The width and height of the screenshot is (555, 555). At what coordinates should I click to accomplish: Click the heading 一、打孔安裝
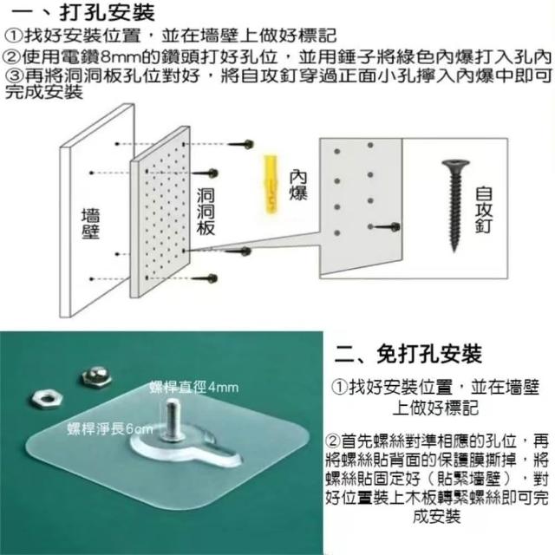tap(83, 12)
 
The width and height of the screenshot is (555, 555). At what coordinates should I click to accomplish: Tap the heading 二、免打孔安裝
tap(408, 353)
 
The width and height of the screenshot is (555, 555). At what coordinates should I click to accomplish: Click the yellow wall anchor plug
tap(271, 184)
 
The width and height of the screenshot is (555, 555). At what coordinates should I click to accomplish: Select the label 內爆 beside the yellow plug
tap(298, 186)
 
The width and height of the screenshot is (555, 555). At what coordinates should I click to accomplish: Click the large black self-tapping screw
tap(455, 206)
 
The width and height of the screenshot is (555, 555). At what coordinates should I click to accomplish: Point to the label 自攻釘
tap(484, 209)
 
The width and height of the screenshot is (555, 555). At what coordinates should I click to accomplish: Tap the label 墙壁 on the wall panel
tap(90, 224)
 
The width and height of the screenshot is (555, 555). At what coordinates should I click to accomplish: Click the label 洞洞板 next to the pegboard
tap(206, 212)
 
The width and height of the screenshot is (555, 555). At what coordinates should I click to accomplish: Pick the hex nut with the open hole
tap(46, 399)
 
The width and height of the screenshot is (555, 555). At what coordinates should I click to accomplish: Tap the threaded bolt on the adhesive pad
tap(173, 420)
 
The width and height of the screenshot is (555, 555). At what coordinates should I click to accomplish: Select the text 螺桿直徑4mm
tap(194, 388)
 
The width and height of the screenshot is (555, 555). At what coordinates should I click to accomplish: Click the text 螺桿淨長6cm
tap(110, 429)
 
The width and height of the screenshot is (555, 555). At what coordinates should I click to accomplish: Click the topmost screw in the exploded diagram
tap(241, 144)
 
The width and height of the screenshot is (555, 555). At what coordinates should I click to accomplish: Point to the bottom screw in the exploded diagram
tap(205, 278)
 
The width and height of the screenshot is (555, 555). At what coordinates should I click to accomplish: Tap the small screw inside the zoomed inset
tap(387, 227)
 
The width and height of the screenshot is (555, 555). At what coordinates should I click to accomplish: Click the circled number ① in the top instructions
tap(14, 36)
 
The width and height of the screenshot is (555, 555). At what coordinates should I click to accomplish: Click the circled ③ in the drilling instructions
tap(14, 75)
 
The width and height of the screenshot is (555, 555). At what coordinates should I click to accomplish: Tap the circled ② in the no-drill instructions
tap(333, 441)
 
